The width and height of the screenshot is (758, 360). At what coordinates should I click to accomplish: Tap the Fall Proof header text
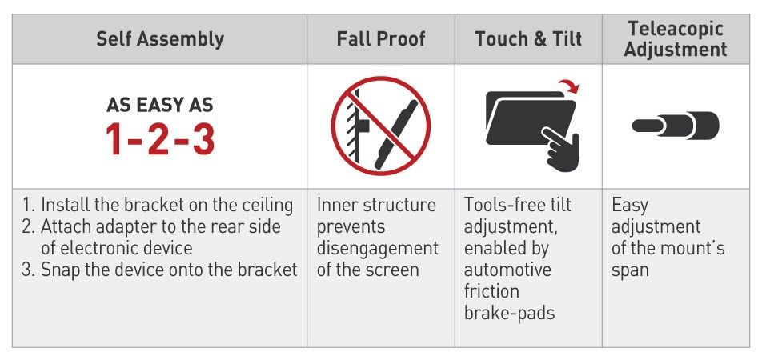[381, 39]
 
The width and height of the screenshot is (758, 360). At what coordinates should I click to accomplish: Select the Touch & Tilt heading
[528, 39]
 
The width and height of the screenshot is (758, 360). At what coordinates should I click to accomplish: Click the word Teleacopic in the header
[676, 29]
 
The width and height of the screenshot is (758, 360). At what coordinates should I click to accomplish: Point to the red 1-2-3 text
[160, 139]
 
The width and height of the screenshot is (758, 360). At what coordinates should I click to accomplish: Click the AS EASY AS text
[160, 105]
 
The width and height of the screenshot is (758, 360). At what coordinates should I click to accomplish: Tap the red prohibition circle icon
[381, 126]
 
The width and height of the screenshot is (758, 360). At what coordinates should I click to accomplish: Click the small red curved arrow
[569, 87]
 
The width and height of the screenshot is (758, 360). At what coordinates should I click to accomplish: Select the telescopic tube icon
[676, 126]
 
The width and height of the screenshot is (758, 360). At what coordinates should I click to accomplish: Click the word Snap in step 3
[60, 270]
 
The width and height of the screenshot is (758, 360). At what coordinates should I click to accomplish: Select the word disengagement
[378, 248]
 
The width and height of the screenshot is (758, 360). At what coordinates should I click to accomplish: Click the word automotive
[507, 270]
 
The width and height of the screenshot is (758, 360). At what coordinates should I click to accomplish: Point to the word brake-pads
[510, 313]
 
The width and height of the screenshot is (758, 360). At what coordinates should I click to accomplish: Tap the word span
[630, 271]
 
